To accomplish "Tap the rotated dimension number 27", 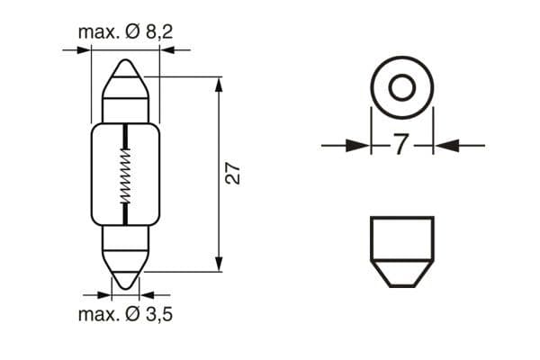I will [233, 174].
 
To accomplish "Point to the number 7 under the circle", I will [401, 144].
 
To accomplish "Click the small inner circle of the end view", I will [401, 88].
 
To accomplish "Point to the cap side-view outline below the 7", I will [401, 251].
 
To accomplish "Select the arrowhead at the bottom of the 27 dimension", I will [220, 263].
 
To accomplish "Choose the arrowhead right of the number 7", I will [445, 144].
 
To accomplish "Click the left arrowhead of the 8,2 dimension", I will [84, 49].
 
